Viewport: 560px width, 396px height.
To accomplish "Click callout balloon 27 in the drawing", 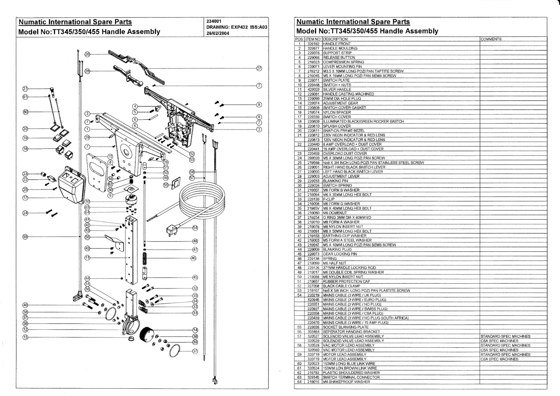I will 259,68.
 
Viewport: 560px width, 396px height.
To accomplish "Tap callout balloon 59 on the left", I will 25,237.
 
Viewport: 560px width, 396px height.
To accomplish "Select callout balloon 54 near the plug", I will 195,228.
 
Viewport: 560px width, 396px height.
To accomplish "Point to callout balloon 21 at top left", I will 25,89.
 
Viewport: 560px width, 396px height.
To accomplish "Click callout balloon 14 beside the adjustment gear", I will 195,330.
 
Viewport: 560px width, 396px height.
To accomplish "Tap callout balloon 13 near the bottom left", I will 25,338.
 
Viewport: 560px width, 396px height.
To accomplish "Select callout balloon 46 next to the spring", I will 193,258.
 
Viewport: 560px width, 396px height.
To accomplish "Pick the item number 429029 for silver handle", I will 314,89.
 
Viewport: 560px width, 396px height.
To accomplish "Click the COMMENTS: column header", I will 491,39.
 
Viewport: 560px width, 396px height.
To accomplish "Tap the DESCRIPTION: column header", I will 336,39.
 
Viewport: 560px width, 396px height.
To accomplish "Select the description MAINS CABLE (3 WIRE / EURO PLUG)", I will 355,300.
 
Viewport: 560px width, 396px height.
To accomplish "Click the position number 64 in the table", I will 300,382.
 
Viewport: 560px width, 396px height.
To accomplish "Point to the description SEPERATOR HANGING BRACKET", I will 351,332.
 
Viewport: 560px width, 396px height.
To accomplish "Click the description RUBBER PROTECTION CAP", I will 346,282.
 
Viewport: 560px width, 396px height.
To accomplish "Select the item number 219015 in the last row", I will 314,382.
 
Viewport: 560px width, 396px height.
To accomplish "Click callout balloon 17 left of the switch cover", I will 25,198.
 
